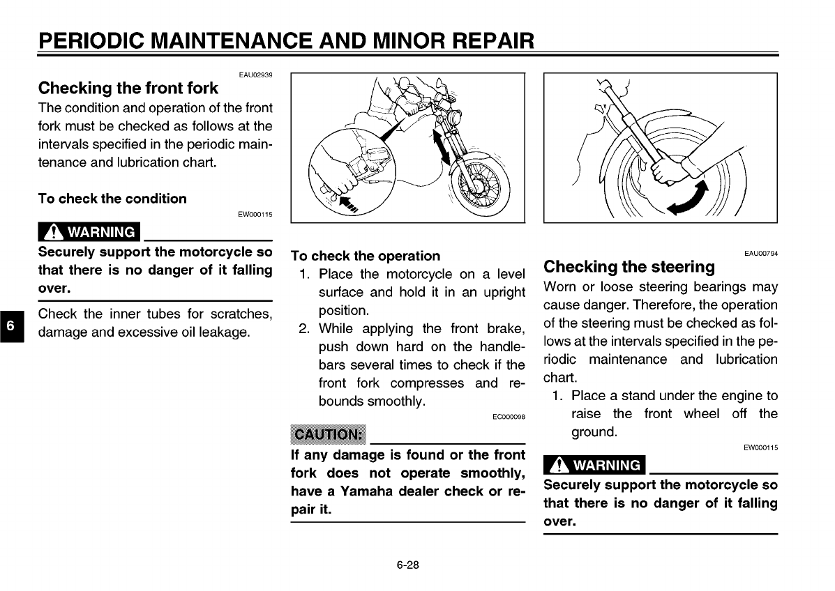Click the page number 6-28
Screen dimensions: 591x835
pyautogui.click(x=408, y=565)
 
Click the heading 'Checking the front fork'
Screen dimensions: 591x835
pyautogui.click(x=128, y=89)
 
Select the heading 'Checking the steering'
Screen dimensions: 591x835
pyautogui.click(x=629, y=267)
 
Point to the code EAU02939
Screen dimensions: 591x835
pyautogui.click(x=255, y=75)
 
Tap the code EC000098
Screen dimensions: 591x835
pyautogui.click(x=509, y=417)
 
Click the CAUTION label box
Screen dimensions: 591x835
pyautogui.click(x=327, y=435)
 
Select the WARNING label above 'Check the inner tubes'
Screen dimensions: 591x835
pyautogui.click(x=89, y=232)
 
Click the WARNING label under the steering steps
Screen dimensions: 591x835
pyautogui.click(x=594, y=465)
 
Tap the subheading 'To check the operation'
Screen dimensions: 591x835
pyautogui.click(x=366, y=256)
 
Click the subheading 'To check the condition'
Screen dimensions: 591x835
pyautogui.click(x=112, y=199)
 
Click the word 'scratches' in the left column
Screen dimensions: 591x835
pyautogui.click(x=237, y=314)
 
